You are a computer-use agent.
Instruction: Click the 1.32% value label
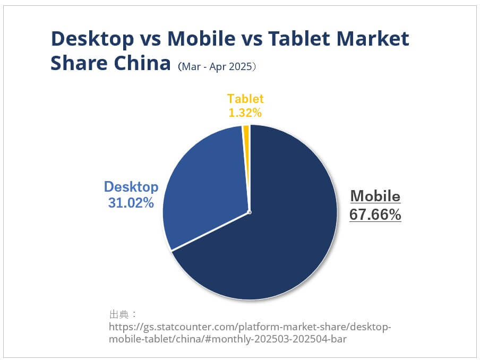245,113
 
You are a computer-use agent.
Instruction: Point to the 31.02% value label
131,202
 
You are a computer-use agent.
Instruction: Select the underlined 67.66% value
375,215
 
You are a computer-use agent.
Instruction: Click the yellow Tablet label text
245,99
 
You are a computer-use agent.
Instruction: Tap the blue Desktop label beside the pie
131,187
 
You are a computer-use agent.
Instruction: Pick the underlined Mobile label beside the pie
375,196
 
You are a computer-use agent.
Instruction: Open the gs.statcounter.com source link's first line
250,326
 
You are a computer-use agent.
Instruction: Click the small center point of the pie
249,212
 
